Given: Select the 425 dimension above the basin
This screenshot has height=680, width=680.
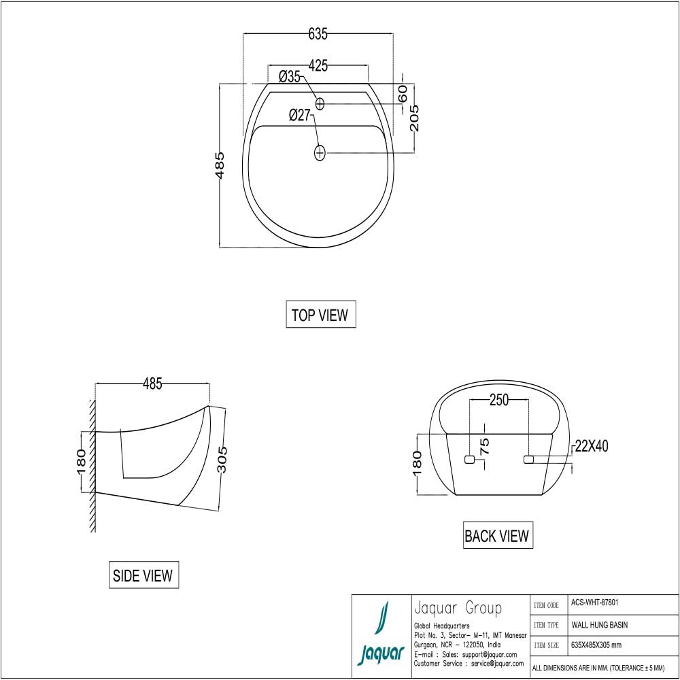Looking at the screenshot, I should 318,66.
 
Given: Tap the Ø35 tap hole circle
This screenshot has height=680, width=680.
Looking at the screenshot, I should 320,103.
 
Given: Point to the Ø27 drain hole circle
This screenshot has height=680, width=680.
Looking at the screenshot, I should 320,153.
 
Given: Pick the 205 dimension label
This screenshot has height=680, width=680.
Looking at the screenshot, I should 415,118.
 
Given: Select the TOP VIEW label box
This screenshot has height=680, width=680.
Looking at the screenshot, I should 320,315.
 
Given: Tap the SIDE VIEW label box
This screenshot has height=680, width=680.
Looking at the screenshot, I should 143,575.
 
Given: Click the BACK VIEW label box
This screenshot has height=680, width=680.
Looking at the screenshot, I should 496,536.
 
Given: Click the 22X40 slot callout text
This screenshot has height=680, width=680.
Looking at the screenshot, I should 591,446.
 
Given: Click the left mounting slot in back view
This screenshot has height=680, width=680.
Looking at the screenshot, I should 469,460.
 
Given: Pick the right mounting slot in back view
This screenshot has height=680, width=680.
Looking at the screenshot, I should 528,460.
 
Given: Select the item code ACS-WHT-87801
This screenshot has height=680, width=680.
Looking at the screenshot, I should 594,602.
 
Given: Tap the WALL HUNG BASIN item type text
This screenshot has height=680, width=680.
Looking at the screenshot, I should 599,624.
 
